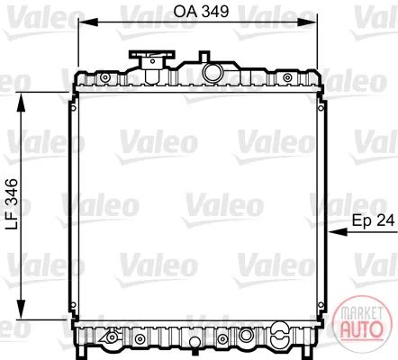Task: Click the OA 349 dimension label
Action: tap(201, 12)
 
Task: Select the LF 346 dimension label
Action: tap(12, 204)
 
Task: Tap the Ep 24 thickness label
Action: tap(373, 220)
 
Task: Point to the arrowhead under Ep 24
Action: tap(338, 232)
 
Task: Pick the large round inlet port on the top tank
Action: tap(213, 72)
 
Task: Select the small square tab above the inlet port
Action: tap(204, 56)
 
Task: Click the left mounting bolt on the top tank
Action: tap(104, 77)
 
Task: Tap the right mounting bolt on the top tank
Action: tap(287, 77)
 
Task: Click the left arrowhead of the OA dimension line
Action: tap(87, 22)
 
